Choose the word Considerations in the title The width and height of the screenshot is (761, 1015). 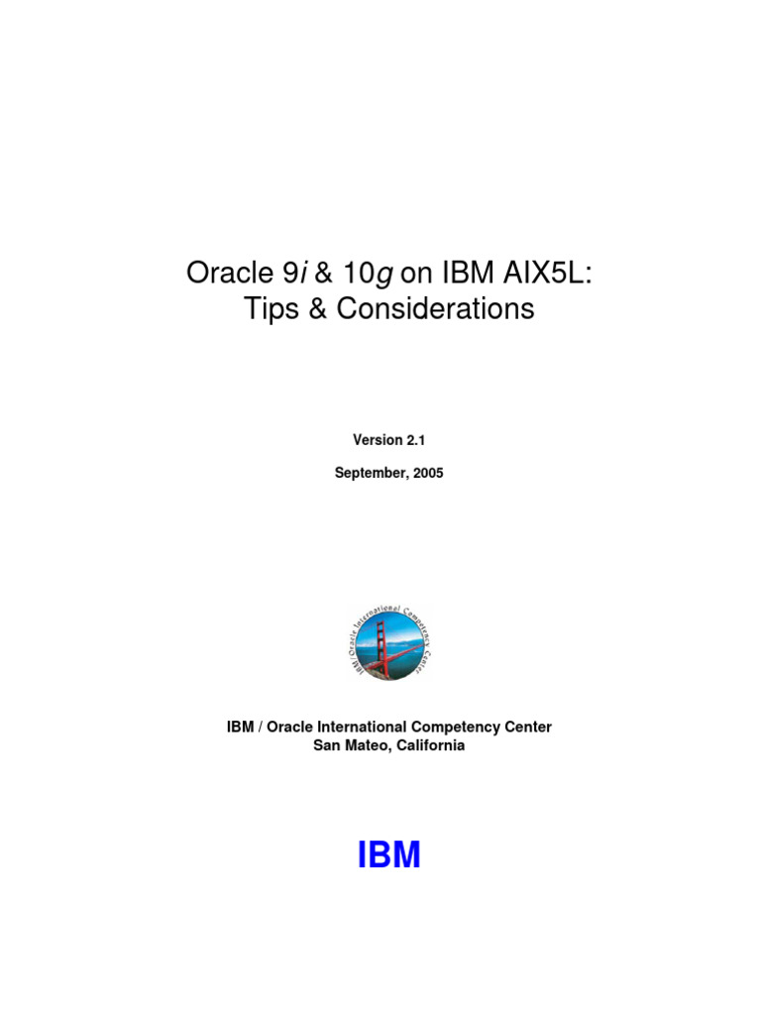coord(435,308)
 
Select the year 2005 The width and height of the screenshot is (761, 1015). coord(427,474)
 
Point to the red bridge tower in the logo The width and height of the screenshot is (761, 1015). coord(380,644)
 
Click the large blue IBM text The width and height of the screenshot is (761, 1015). coord(388,855)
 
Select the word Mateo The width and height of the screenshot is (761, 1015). coord(367,745)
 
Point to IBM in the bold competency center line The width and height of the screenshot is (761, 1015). coord(240,728)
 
